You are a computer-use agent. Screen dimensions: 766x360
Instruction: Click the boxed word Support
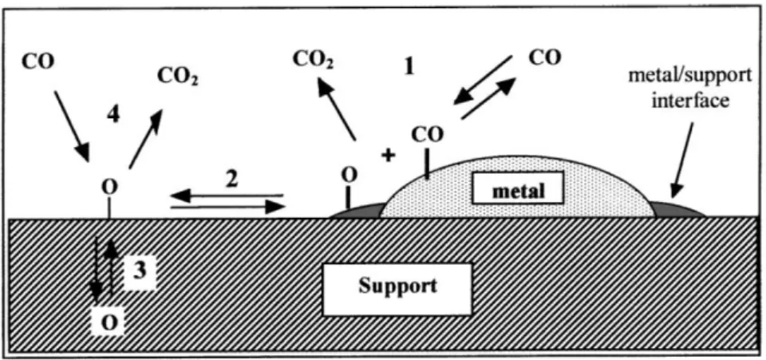[397, 286]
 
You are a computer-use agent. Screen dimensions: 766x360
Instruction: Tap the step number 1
[409, 66]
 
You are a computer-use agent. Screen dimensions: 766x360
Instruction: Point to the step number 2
[231, 180]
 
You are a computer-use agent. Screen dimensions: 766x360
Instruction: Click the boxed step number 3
[139, 270]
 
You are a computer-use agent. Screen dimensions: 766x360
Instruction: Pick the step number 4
[113, 116]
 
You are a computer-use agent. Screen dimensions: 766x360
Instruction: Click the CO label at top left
[38, 62]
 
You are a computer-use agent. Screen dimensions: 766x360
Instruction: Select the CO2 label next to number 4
[179, 77]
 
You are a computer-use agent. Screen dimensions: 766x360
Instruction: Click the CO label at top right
[545, 57]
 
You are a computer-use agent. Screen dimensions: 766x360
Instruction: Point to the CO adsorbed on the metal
[428, 134]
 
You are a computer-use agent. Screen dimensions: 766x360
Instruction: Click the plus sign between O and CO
[389, 156]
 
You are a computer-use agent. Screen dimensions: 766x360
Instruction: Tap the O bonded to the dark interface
[349, 174]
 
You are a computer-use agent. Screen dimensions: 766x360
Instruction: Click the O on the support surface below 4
[109, 187]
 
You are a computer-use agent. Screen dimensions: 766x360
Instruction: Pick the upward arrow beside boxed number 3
[112, 267]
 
